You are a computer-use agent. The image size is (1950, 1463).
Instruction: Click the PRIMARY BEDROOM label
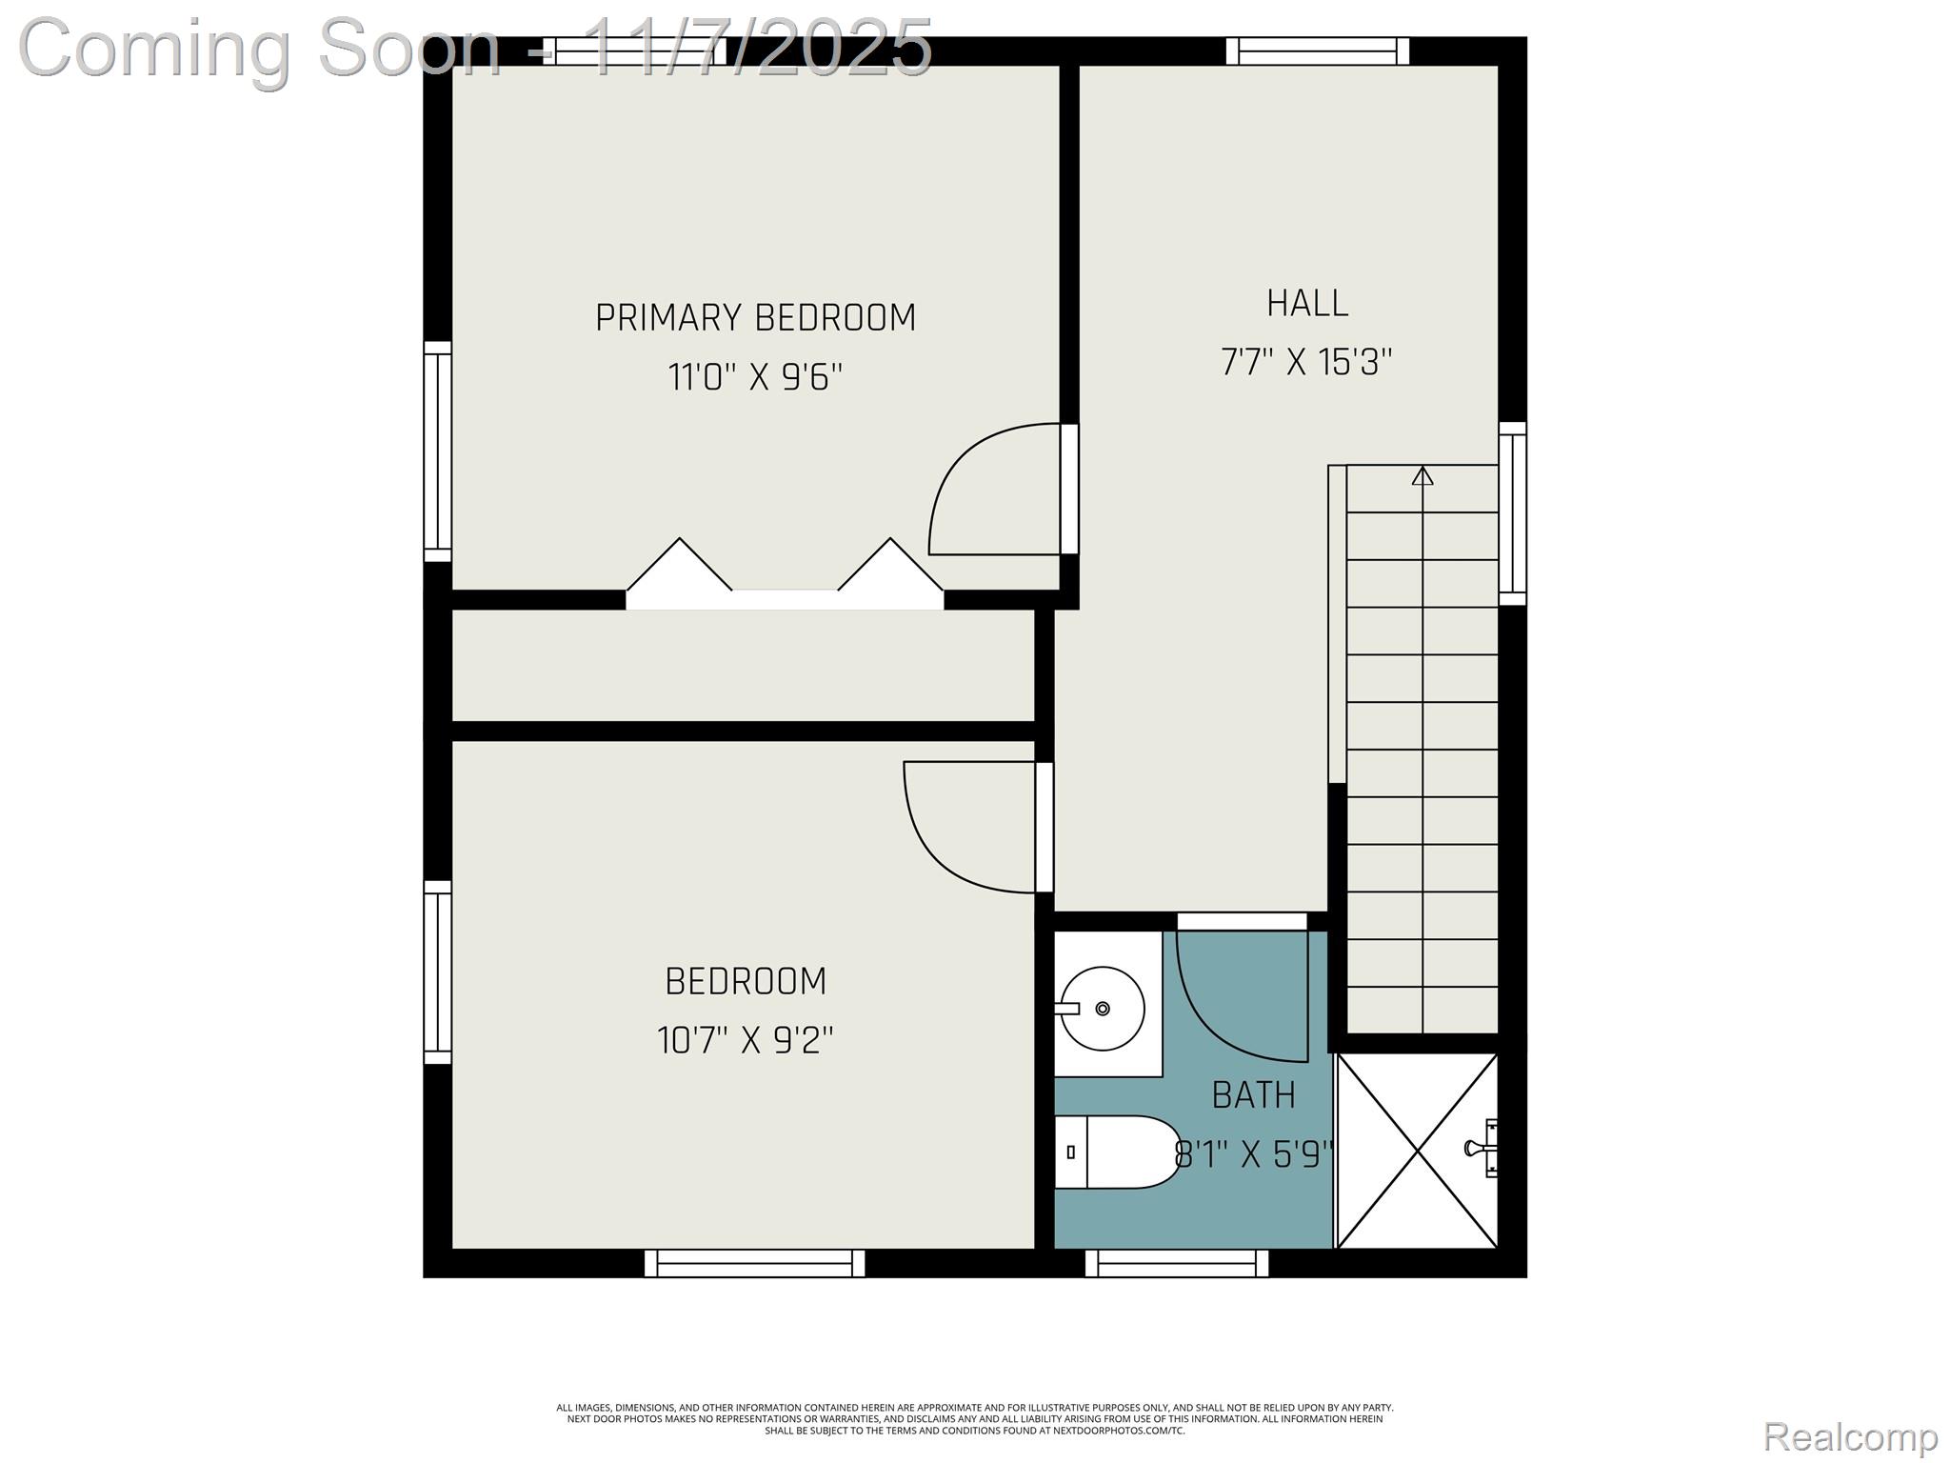(755, 318)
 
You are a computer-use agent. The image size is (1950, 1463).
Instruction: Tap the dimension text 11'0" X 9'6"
(755, 378)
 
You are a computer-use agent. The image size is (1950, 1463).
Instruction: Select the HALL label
(1306, 304)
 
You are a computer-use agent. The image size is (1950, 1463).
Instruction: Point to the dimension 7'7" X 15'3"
(1306, 363)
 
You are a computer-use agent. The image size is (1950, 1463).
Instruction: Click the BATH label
(1253, 1096)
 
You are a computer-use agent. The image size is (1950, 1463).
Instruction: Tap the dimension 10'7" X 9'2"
(745, 1041)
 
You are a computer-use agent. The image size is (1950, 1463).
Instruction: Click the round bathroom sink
(1103, 1008)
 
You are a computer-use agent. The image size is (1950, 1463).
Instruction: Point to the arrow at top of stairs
(1422, 475)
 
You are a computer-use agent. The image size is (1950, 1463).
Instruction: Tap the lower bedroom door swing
(966, 829)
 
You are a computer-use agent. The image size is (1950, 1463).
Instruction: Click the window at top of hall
(1318, 51)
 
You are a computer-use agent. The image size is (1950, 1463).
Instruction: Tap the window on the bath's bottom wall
(1177, 1263)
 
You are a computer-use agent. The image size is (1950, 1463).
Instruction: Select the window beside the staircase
(1512, 513)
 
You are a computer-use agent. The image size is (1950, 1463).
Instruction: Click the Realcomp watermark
(1850, 1437)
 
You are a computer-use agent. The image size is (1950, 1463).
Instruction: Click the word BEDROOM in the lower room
(745, 982)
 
